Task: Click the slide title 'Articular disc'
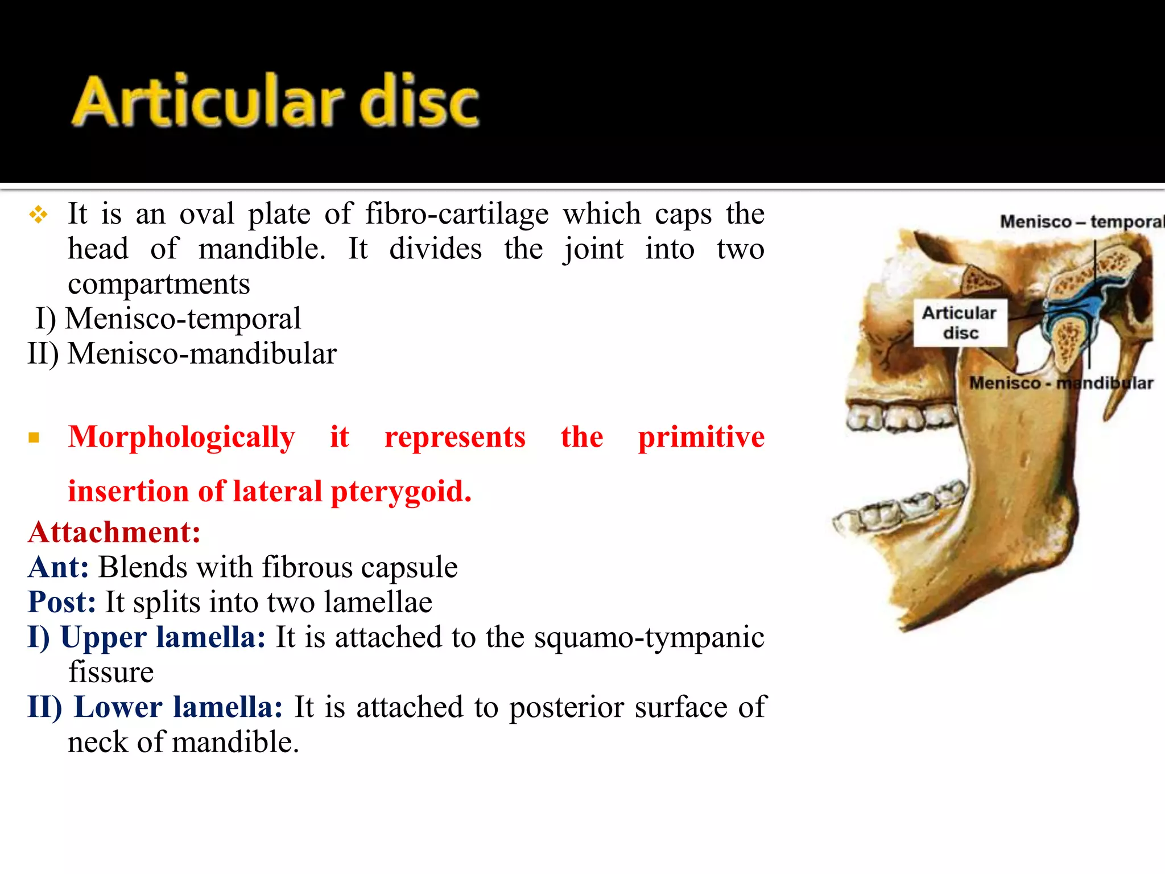(x=275, y=101)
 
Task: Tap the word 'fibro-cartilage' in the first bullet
(x=456, y=215)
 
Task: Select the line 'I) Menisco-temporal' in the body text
(x=168, y=319)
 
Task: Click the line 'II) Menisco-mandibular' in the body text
(x=182, y=354)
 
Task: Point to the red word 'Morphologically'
(x=181, y=437)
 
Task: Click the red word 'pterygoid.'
(x=400, y=492)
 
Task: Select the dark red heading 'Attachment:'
(x=114, y=533)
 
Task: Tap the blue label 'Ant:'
(x=58, y=567)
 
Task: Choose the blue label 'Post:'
(x=61, y=602)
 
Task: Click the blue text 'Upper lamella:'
(x=163, y=637)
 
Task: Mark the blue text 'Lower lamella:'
(x=178, y=707)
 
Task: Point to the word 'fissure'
(x=111, y=673)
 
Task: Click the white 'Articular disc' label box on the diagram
(x=960, y=323)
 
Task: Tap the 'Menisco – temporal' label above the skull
(x=1081, y=221)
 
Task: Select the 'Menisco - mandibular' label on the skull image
(x=1061, y=383)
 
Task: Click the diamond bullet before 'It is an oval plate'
(x=39, y=215)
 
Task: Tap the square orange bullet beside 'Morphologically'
(x=34, y=438)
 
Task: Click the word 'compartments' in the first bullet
(x=159, y=284)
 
